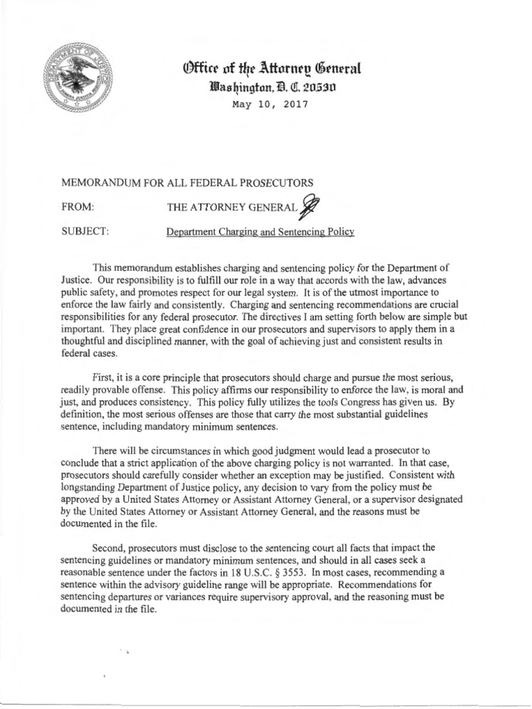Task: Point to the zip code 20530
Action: pos(308,88)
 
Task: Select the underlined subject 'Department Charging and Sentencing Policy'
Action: pos(260,231)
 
